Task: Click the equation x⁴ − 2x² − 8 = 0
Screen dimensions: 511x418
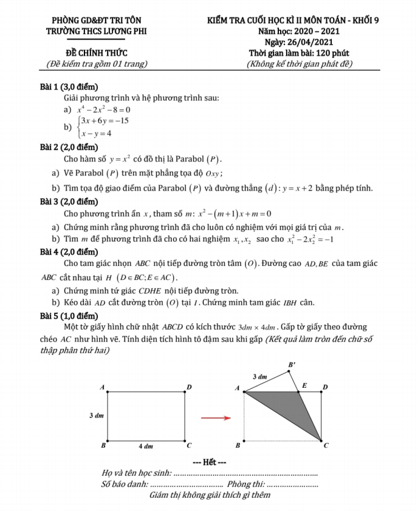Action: coord(103,110)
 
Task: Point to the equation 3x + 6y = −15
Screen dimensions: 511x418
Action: coord(104,121)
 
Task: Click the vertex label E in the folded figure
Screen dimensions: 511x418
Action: coord(304,385)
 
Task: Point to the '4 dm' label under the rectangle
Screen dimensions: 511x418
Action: coord(146,446)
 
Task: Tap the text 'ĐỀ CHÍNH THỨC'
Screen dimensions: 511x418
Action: coord(97,53)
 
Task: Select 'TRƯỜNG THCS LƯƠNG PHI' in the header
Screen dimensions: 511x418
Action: coord(97,31)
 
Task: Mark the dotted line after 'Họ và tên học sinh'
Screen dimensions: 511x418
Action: coord(245,473)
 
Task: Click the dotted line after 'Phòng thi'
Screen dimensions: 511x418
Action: coord(292,484)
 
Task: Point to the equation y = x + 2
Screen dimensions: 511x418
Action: coord(290,188)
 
